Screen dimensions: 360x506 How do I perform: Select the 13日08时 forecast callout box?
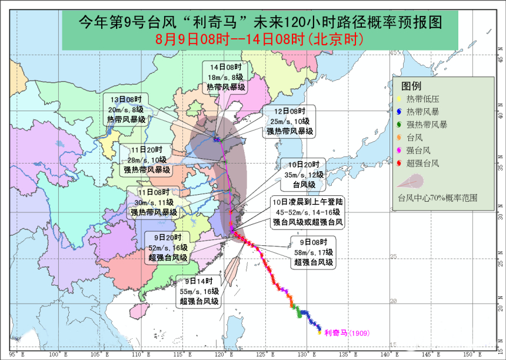[x=126, y=109]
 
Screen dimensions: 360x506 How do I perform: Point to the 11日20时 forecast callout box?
[x=147, y=159]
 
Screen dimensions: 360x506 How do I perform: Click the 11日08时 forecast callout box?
[x=154, y=202]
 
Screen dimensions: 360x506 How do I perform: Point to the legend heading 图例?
[x=412, y=86]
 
